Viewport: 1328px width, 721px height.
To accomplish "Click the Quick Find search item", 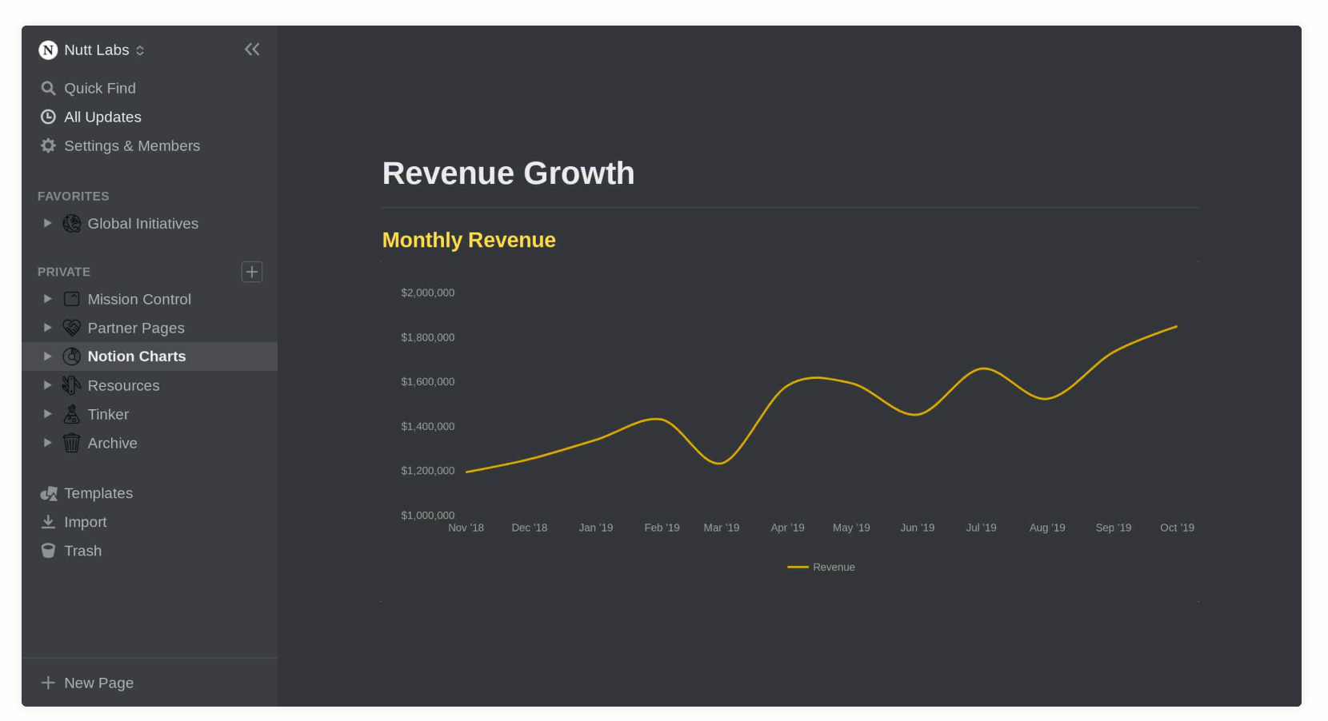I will [x=99, y=88].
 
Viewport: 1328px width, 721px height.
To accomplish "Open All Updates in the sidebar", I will [x=102, y=117].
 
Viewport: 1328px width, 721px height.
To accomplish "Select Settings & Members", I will [x=131, y=145].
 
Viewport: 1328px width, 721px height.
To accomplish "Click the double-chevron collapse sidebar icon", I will [x=252, y=50].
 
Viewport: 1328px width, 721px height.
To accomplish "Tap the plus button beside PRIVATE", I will [x=252, y=272].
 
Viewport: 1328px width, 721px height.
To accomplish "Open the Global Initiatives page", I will [x=142, y=224].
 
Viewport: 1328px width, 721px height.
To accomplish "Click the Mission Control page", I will [x=139, y=299].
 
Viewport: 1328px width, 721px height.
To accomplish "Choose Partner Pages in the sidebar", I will [x=136, y=328].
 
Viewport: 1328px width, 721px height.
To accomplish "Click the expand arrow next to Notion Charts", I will [x=47, y=357].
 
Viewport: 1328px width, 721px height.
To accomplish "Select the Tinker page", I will [x=108, y=414].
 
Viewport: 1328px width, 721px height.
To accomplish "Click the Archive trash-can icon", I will [x=72, y=443].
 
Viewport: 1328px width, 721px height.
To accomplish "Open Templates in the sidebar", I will [x=98, y=493].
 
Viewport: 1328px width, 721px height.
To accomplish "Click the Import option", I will [x=85, y=522].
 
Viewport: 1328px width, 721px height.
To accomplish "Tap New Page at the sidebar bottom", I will [x=98, y=683].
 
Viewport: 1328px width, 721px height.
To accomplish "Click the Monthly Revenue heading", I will [x=469, y=240].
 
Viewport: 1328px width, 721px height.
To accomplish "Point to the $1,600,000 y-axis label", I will [x=428, y=381].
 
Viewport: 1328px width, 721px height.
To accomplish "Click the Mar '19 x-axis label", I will [x=722, y=528].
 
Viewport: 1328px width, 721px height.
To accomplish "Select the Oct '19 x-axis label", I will [x=1177, y=528].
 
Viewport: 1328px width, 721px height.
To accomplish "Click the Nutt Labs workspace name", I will [x=96, y=50].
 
